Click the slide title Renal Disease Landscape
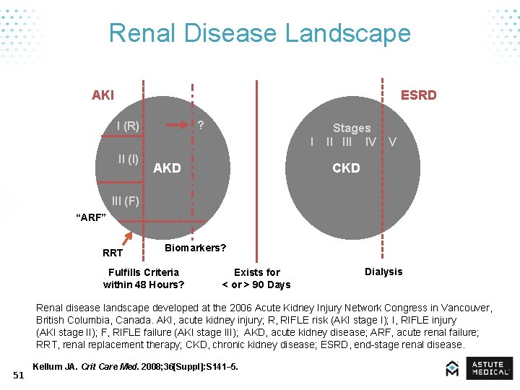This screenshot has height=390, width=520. click(259, 33)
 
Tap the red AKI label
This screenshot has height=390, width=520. click(103, 95)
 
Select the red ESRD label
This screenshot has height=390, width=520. click(418, 95)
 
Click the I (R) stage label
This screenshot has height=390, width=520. click(128, 126)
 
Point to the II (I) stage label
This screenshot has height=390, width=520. click(129, 158)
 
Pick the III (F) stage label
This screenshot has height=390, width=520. click(125, 201)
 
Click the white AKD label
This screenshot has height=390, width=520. click(168, 168)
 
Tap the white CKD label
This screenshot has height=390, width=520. click(346, 168)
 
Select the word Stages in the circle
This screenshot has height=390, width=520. click(352, 128)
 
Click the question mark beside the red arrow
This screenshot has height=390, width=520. click(201, 125)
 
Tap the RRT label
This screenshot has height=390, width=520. click(113, 253)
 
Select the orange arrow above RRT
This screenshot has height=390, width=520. click(129, 238)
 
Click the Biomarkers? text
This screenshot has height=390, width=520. click(195, 248)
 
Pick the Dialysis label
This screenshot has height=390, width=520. click(383, 272)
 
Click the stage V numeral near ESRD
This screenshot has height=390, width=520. click(392, 142)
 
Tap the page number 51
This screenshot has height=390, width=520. click(19, 374)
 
